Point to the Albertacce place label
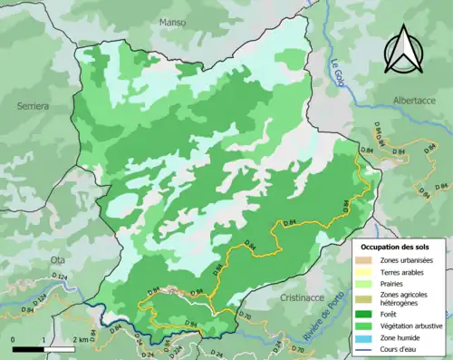point(414,102)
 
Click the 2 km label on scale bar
point(82,340)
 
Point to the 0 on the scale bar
point(15,340)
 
